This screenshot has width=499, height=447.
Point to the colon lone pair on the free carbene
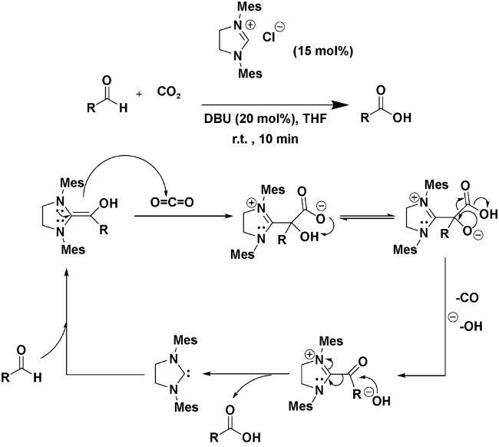203,376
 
